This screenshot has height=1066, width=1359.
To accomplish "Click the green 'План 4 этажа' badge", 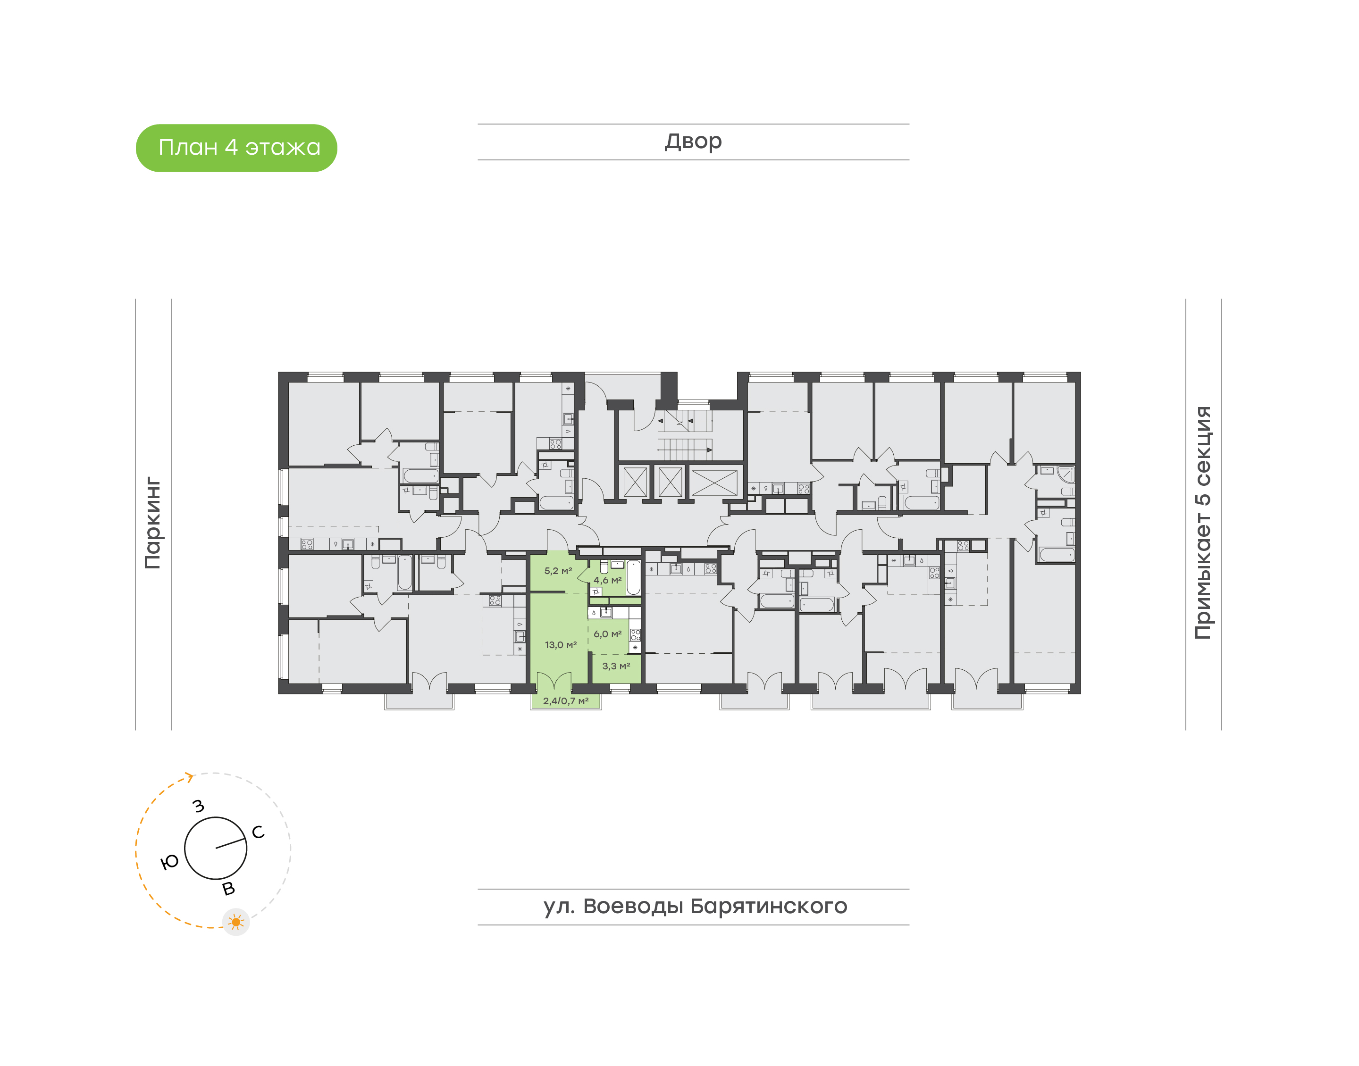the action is (236, 148).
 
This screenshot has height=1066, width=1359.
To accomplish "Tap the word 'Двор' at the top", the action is (693, 142).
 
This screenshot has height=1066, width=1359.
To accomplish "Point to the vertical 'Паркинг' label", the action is (153, 523).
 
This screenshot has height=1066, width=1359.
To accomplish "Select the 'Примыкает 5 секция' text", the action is (1202, 523).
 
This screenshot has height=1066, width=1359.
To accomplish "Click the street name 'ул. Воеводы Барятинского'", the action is (695, 906).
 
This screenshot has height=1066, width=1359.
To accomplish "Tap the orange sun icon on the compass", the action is (236, 922).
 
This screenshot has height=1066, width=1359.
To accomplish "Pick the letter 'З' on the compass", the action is (199, 806).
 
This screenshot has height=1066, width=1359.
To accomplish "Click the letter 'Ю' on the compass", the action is (170, 862).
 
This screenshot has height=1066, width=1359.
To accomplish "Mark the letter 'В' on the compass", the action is (228, 888).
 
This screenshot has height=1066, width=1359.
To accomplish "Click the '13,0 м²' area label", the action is (561, 645).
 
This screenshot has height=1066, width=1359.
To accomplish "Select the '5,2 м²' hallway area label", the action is (558, 570).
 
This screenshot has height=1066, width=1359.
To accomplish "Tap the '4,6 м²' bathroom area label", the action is (607, 580).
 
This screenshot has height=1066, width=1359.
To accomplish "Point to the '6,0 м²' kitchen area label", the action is (607, 633).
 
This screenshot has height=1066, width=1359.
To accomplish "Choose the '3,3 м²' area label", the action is (616, 666).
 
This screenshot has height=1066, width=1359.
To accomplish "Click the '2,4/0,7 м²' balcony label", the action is (566, 701).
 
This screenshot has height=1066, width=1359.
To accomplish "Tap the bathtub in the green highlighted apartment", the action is (633, 577).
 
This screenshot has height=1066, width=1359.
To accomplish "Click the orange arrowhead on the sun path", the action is (189, 777).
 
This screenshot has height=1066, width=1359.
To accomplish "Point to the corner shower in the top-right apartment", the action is (1065, 475).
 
